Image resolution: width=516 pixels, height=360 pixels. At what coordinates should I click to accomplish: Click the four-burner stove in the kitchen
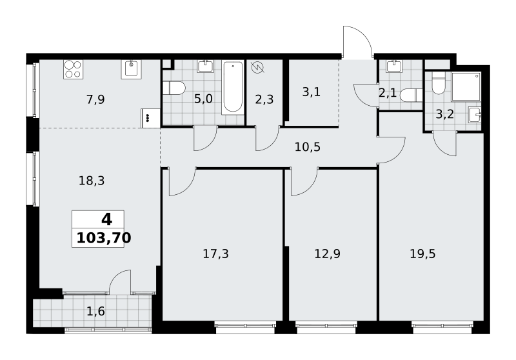(x=73, y=70)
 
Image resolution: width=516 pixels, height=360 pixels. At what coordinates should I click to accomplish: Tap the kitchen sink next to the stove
(x=131, y=70)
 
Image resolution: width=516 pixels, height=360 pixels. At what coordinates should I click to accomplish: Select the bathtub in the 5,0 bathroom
(x=233, y=88)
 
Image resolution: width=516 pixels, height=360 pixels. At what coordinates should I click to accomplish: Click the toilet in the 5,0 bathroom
(x=174, y=88)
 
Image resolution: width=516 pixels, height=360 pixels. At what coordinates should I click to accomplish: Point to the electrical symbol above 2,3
(x=257, y=68)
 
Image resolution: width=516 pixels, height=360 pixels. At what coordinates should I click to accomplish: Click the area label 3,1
(x=311, y=92)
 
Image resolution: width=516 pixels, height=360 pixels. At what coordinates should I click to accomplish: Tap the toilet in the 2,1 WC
(x=411, y=95)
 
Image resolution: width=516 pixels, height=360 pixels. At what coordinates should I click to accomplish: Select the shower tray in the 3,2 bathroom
(x=466, y=86)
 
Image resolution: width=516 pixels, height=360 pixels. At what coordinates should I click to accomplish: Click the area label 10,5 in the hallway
(x=308, y=146)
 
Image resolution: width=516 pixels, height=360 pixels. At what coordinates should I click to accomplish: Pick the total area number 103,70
(x=104, y=237)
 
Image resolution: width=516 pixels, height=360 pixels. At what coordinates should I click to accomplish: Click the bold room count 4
(x=106, y=219)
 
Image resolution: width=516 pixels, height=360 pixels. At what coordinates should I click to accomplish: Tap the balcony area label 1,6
(x=95, y=311)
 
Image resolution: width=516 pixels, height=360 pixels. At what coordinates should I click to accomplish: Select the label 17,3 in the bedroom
(x=215, y=254)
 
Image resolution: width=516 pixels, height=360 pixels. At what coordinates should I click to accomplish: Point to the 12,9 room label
(x=328, y=254)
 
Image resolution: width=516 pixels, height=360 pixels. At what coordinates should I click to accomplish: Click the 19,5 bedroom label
(x=422, y=254)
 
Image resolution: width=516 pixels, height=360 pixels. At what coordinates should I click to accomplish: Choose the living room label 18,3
(x=92, y=181)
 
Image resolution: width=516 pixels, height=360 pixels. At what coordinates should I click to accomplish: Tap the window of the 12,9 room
(x=326, y=326)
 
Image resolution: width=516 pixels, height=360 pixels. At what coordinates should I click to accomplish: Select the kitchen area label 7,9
(x=95, y=99)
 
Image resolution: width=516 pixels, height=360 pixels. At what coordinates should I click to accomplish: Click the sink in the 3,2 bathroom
(x=475, y=115)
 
